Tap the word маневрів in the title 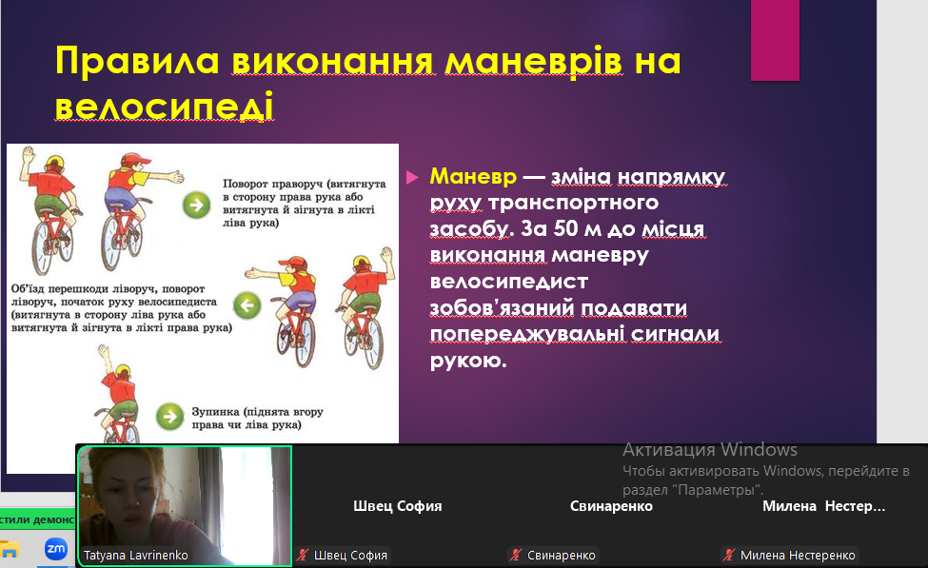click(533, 62)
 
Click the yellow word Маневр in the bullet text click(473, 176)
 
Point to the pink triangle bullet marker click(412, 177)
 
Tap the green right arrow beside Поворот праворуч click(196, 206)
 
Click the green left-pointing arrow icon click(247, 305)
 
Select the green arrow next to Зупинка click(169, 416)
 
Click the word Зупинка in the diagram click(215, 411)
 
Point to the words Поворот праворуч click(272, 184)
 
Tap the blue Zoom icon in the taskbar click(55, 549)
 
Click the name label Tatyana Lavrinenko click(135, 555)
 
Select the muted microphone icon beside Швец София click(303, 555)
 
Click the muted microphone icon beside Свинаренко click(516, 555)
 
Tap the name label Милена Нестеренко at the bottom click(798, 555)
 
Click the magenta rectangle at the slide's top click(776, 40)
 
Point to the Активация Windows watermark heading click(710, 450)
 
